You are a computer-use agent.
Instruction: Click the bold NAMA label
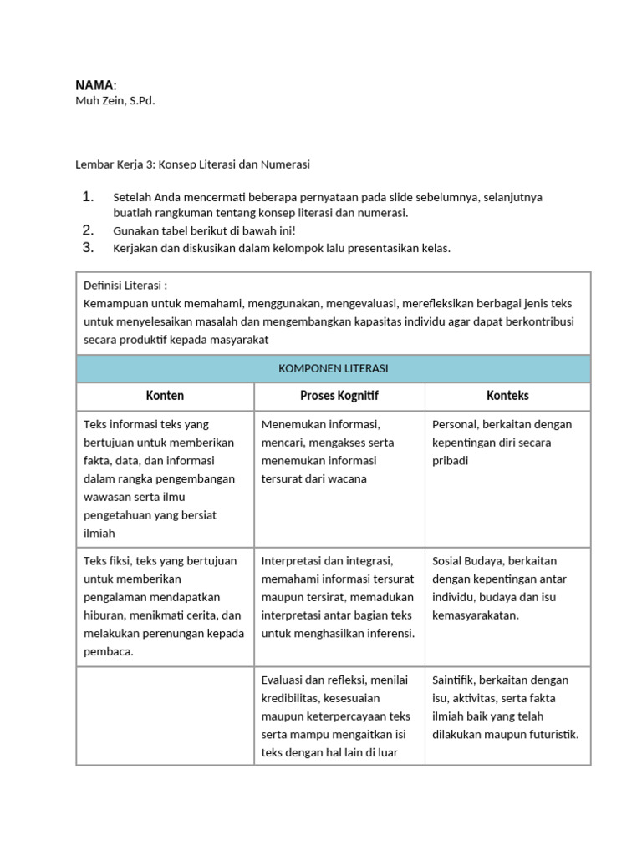click(95, 85)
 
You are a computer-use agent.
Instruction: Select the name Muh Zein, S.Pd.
click(115, 100)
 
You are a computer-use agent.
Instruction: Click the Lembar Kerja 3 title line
click(192, 164)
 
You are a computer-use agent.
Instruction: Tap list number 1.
click(89, 197)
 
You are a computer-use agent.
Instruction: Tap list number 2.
click(89, 230)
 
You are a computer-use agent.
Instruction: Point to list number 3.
click(89, 247)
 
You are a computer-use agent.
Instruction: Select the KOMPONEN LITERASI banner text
click(334, 368)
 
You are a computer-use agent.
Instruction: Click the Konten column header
click(165, 396)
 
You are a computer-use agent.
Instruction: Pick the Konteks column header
click(507, 396)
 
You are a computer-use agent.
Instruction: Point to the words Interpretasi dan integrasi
click(327, 560)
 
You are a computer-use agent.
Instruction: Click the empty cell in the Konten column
click(165, 716)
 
